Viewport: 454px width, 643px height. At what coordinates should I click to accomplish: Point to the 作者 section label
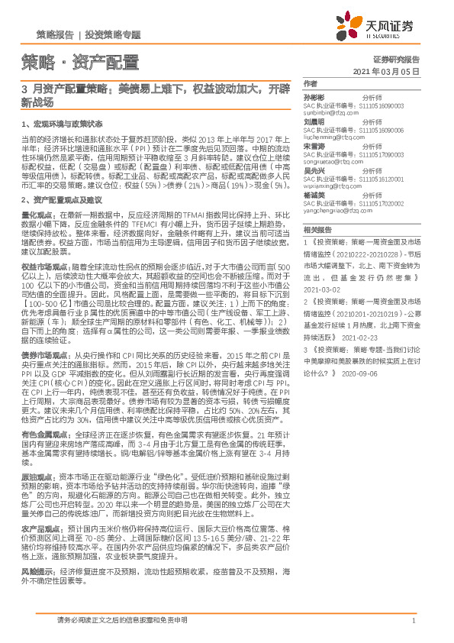tap(309, 82)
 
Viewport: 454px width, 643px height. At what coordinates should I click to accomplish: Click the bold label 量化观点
tap(35, 216)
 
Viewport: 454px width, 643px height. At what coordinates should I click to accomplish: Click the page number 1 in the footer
tap(413, 622)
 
